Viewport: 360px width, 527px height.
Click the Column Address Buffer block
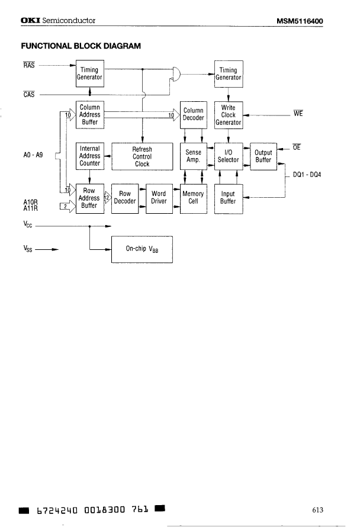coord(89,115)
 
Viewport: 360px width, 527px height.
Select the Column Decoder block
coord(193,114)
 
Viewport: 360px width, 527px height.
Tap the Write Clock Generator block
coord(229,115)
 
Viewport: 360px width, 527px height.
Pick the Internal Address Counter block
coord(89,156)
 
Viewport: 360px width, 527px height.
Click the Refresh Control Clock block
coord(142,157)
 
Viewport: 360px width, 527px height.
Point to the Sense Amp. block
coord(193,156)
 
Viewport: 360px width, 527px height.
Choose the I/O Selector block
coord(229,156)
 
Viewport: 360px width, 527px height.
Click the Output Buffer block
coord(263,156)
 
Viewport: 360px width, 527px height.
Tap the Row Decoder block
coord(125,198)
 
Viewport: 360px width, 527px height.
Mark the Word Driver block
coord(159,198)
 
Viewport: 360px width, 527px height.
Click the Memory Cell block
coord(193,198)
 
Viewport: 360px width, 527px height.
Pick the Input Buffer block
coord(229,198)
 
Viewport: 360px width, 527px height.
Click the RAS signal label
coord(28,65)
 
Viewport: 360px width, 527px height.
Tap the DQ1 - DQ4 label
coord(307,175)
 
